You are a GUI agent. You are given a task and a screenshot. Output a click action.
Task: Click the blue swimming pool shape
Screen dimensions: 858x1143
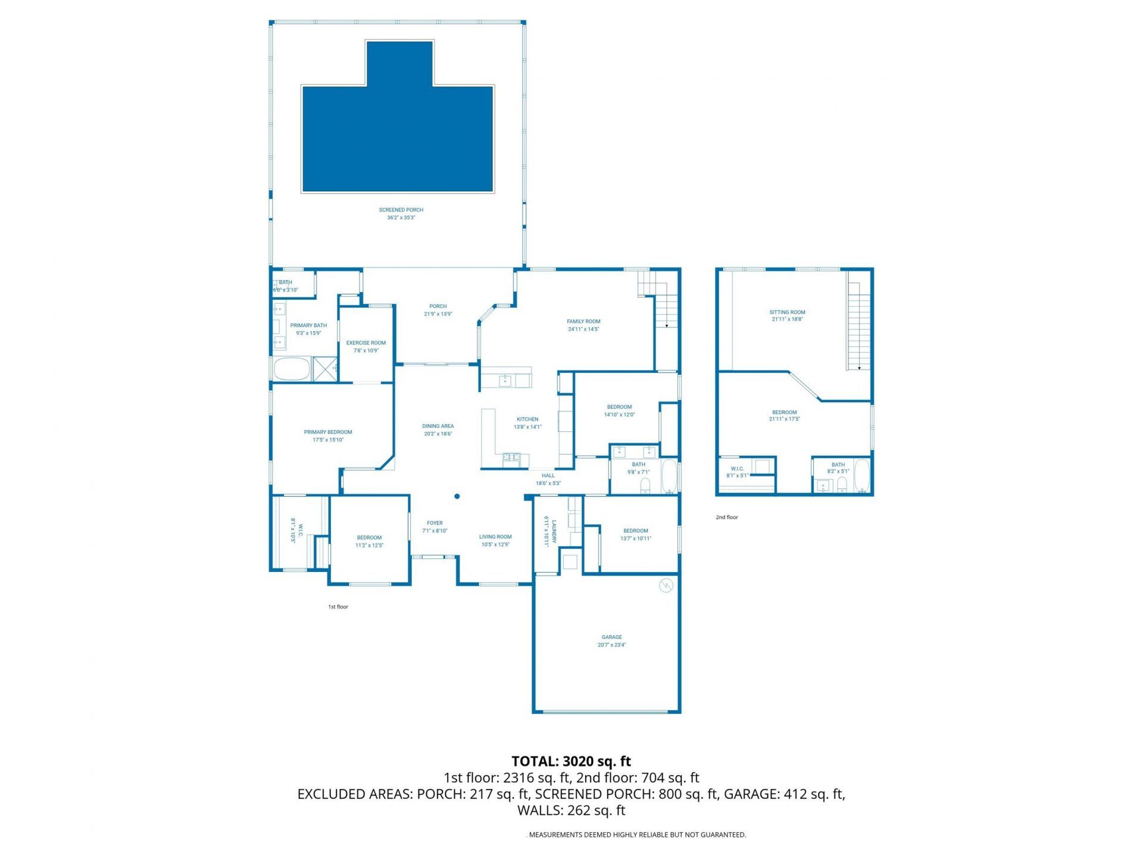[x=398, y=137]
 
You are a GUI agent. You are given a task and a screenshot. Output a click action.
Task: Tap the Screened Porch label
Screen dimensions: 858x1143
[x=401, y=213]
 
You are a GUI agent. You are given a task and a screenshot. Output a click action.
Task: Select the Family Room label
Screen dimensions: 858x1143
[x=583, y=325]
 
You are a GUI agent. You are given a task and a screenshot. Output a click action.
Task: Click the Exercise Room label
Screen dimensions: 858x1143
[x=366, y=346]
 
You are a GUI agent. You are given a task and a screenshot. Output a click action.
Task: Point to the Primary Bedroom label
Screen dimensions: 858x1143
[x=327, y=436]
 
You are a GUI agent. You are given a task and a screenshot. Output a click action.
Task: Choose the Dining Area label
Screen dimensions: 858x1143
[x=438, y=430]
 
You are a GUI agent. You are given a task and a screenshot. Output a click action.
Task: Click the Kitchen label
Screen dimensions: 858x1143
[x=527, y=422]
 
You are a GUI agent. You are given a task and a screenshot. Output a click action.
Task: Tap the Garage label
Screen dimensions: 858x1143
[x=611, y=641]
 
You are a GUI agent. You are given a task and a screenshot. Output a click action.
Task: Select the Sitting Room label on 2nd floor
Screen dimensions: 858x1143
[x=787, y=315]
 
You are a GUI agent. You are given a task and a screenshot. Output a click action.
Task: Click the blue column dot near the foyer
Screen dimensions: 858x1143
[x=457, y=496]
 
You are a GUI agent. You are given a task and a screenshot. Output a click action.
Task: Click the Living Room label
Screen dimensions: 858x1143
[x=495, y=540]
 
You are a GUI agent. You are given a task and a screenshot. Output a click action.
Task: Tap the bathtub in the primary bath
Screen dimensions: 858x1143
[x=292, y=369]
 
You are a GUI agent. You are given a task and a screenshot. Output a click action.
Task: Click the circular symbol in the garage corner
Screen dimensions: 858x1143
[x=666, y=586]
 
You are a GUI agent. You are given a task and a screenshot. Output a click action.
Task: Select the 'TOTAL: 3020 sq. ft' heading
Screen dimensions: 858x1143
[x=571, y=761]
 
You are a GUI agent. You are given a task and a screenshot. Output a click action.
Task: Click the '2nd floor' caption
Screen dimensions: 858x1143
[x=726, y=517]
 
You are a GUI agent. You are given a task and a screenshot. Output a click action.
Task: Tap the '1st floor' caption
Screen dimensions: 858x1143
[x=338, y=607]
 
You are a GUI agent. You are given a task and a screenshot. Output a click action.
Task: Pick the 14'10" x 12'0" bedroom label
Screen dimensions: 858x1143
[x=619, y=411]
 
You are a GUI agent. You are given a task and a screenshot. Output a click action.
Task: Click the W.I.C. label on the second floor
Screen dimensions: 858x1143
[x=736, y=472]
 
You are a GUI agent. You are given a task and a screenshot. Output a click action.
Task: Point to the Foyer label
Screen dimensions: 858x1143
[x=435, y=527]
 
